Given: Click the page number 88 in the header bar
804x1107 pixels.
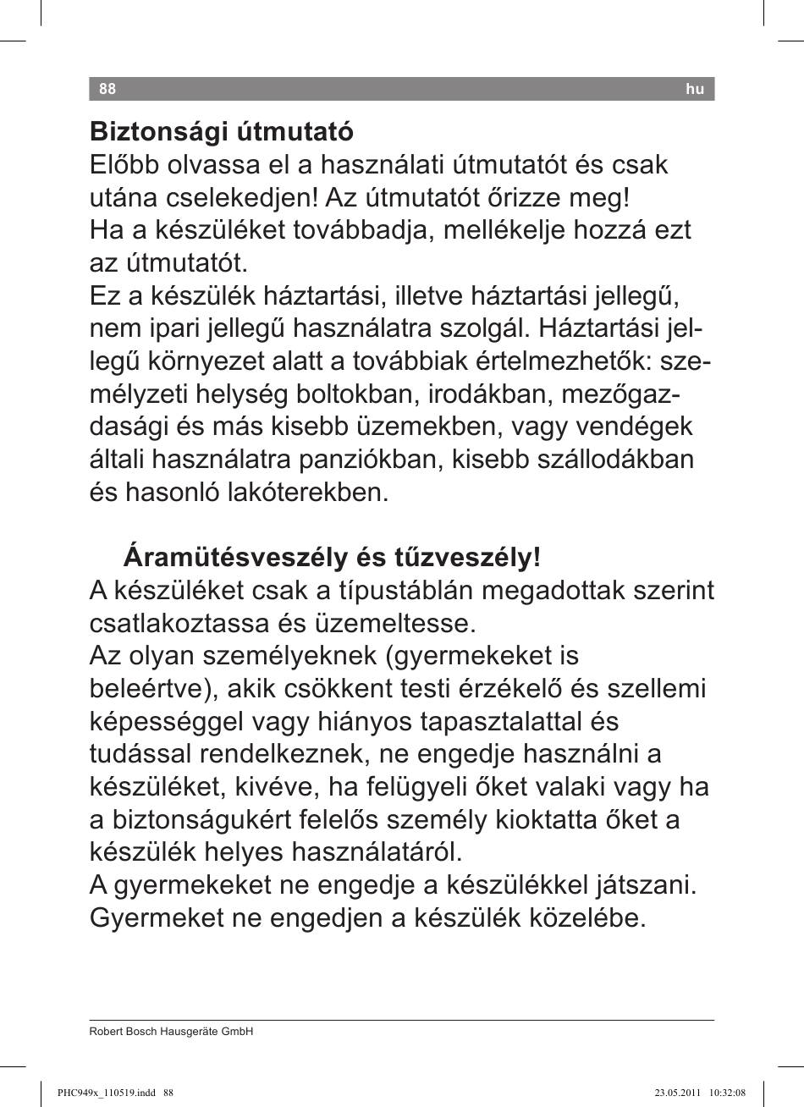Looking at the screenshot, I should tap(107, 89).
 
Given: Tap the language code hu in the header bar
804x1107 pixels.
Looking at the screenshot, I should tap(695, 89).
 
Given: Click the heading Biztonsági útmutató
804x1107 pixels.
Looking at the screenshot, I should tap(221, 133).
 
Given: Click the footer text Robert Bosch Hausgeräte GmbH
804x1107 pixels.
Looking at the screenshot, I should tap(172, 1032).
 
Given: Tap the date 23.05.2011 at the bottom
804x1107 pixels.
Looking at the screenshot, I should tap(675, 1093).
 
